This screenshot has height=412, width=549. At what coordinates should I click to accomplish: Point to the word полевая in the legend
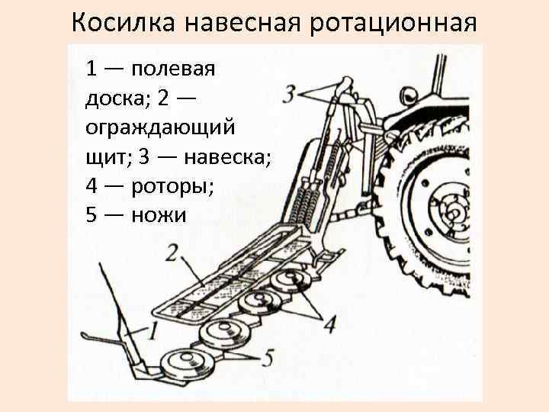(173, 69)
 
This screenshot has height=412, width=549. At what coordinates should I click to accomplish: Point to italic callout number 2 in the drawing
(172, 253)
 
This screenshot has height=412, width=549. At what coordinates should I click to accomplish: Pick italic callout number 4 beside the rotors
(329, 324)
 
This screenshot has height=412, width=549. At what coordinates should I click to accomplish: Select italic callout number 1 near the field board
(151, 330)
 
